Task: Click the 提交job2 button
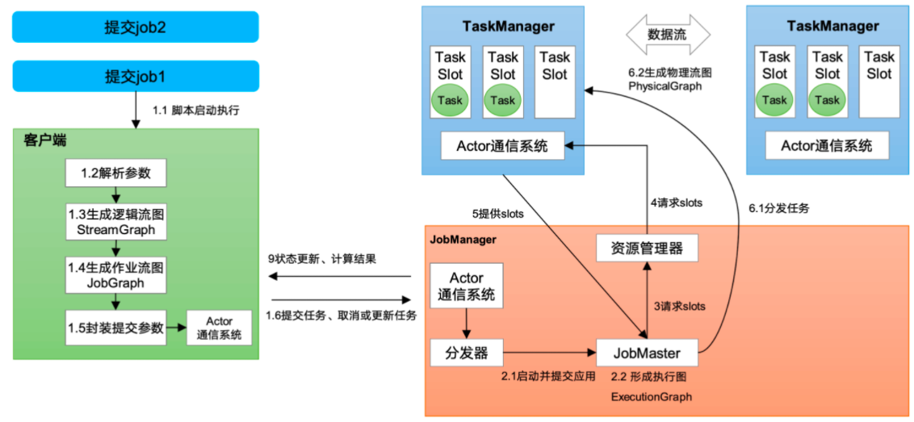coord(135,27)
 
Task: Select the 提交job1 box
coord(135,77)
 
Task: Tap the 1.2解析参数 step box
coord(116,173)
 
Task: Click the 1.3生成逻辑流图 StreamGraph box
coord(116,220)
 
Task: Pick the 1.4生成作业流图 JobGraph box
coord(116,274)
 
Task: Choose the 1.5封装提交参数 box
coord(116,328)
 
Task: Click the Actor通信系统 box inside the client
coord(219,328)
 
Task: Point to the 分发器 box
coord(466,352)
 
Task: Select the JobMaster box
coord(647,353)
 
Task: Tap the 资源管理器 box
coord(646,249)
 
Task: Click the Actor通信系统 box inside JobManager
coord(467,286)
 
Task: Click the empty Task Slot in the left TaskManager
coord(555,81)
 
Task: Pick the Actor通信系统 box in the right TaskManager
coord(826,146)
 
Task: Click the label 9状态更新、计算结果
coord(322,260)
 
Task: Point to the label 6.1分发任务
coord(778,207)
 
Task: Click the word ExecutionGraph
coord(651,397)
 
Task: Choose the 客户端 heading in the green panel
coord(45,140)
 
